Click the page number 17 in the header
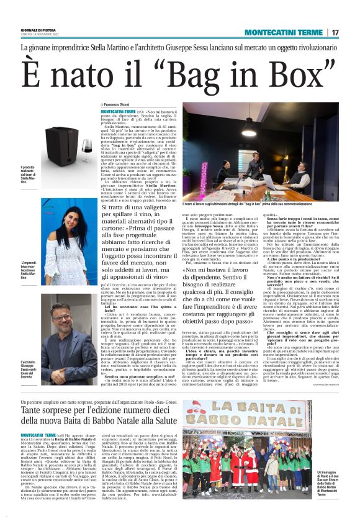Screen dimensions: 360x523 pyautogui.click(x=335, y=32)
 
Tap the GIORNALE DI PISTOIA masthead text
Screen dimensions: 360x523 pyautogui.click(x=38, y=29)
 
